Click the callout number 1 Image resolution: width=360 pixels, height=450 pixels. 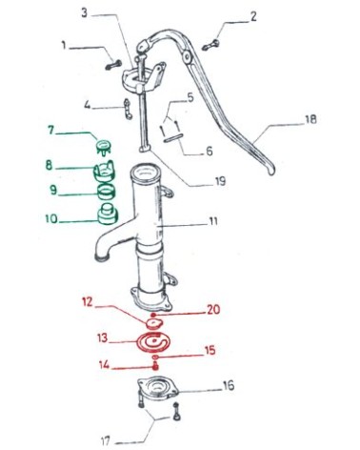pyautogui.click(x=64, y=44)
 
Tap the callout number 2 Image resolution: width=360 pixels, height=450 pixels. pyautogui.click(x=253, y=16)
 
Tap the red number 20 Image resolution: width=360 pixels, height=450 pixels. pyautogui.click(x=214, y=309)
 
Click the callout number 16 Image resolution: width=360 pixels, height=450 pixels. pyautogui.click(x=228, y=385)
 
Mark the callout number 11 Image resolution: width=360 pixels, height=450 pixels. pyautogui.click(x=214, y=221)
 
